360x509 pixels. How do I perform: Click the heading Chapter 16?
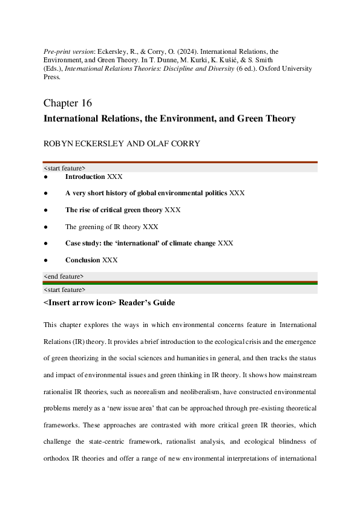click(68, 103)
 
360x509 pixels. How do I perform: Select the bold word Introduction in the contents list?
click(85, 177)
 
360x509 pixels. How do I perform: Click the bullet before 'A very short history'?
click(46, 193)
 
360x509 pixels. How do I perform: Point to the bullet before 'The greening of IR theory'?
click(46, 227)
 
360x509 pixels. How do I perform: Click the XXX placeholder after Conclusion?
click(110, 260)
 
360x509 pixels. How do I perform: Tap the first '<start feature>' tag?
click(65, 167)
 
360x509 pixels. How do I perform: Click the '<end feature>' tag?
click(64, 276)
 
